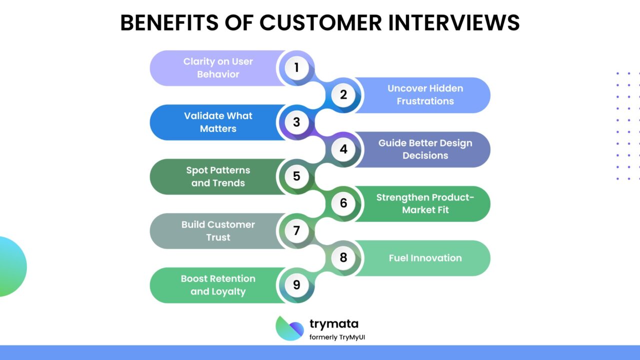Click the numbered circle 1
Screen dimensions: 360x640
click(296, 67)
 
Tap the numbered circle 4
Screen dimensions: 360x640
click(343, 149)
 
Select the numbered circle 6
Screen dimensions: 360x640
click(343, 203)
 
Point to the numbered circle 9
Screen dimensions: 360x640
click(296, 285)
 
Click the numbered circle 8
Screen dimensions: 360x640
click(343, 257)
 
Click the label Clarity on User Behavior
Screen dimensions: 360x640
click(218, 68)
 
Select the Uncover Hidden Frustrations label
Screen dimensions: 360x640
click(425, 94)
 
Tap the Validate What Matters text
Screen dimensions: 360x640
click(218, 122)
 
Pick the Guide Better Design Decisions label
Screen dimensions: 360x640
click(425, 149)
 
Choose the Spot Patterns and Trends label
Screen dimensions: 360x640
click(218, 176)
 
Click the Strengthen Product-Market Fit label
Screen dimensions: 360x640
click(425, 203)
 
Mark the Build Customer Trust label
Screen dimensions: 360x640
click(218, 231)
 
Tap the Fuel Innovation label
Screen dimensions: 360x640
click(425, 258)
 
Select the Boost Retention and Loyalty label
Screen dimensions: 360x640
click(218, 285)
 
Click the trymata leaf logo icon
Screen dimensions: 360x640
click(289, 328)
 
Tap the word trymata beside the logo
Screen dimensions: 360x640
click(333, 323)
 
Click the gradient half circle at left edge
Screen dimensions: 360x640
click(11, 266)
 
